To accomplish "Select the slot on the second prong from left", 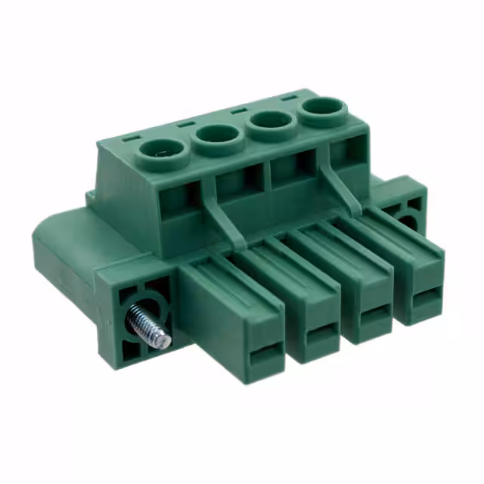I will click(x=322, y=332).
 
